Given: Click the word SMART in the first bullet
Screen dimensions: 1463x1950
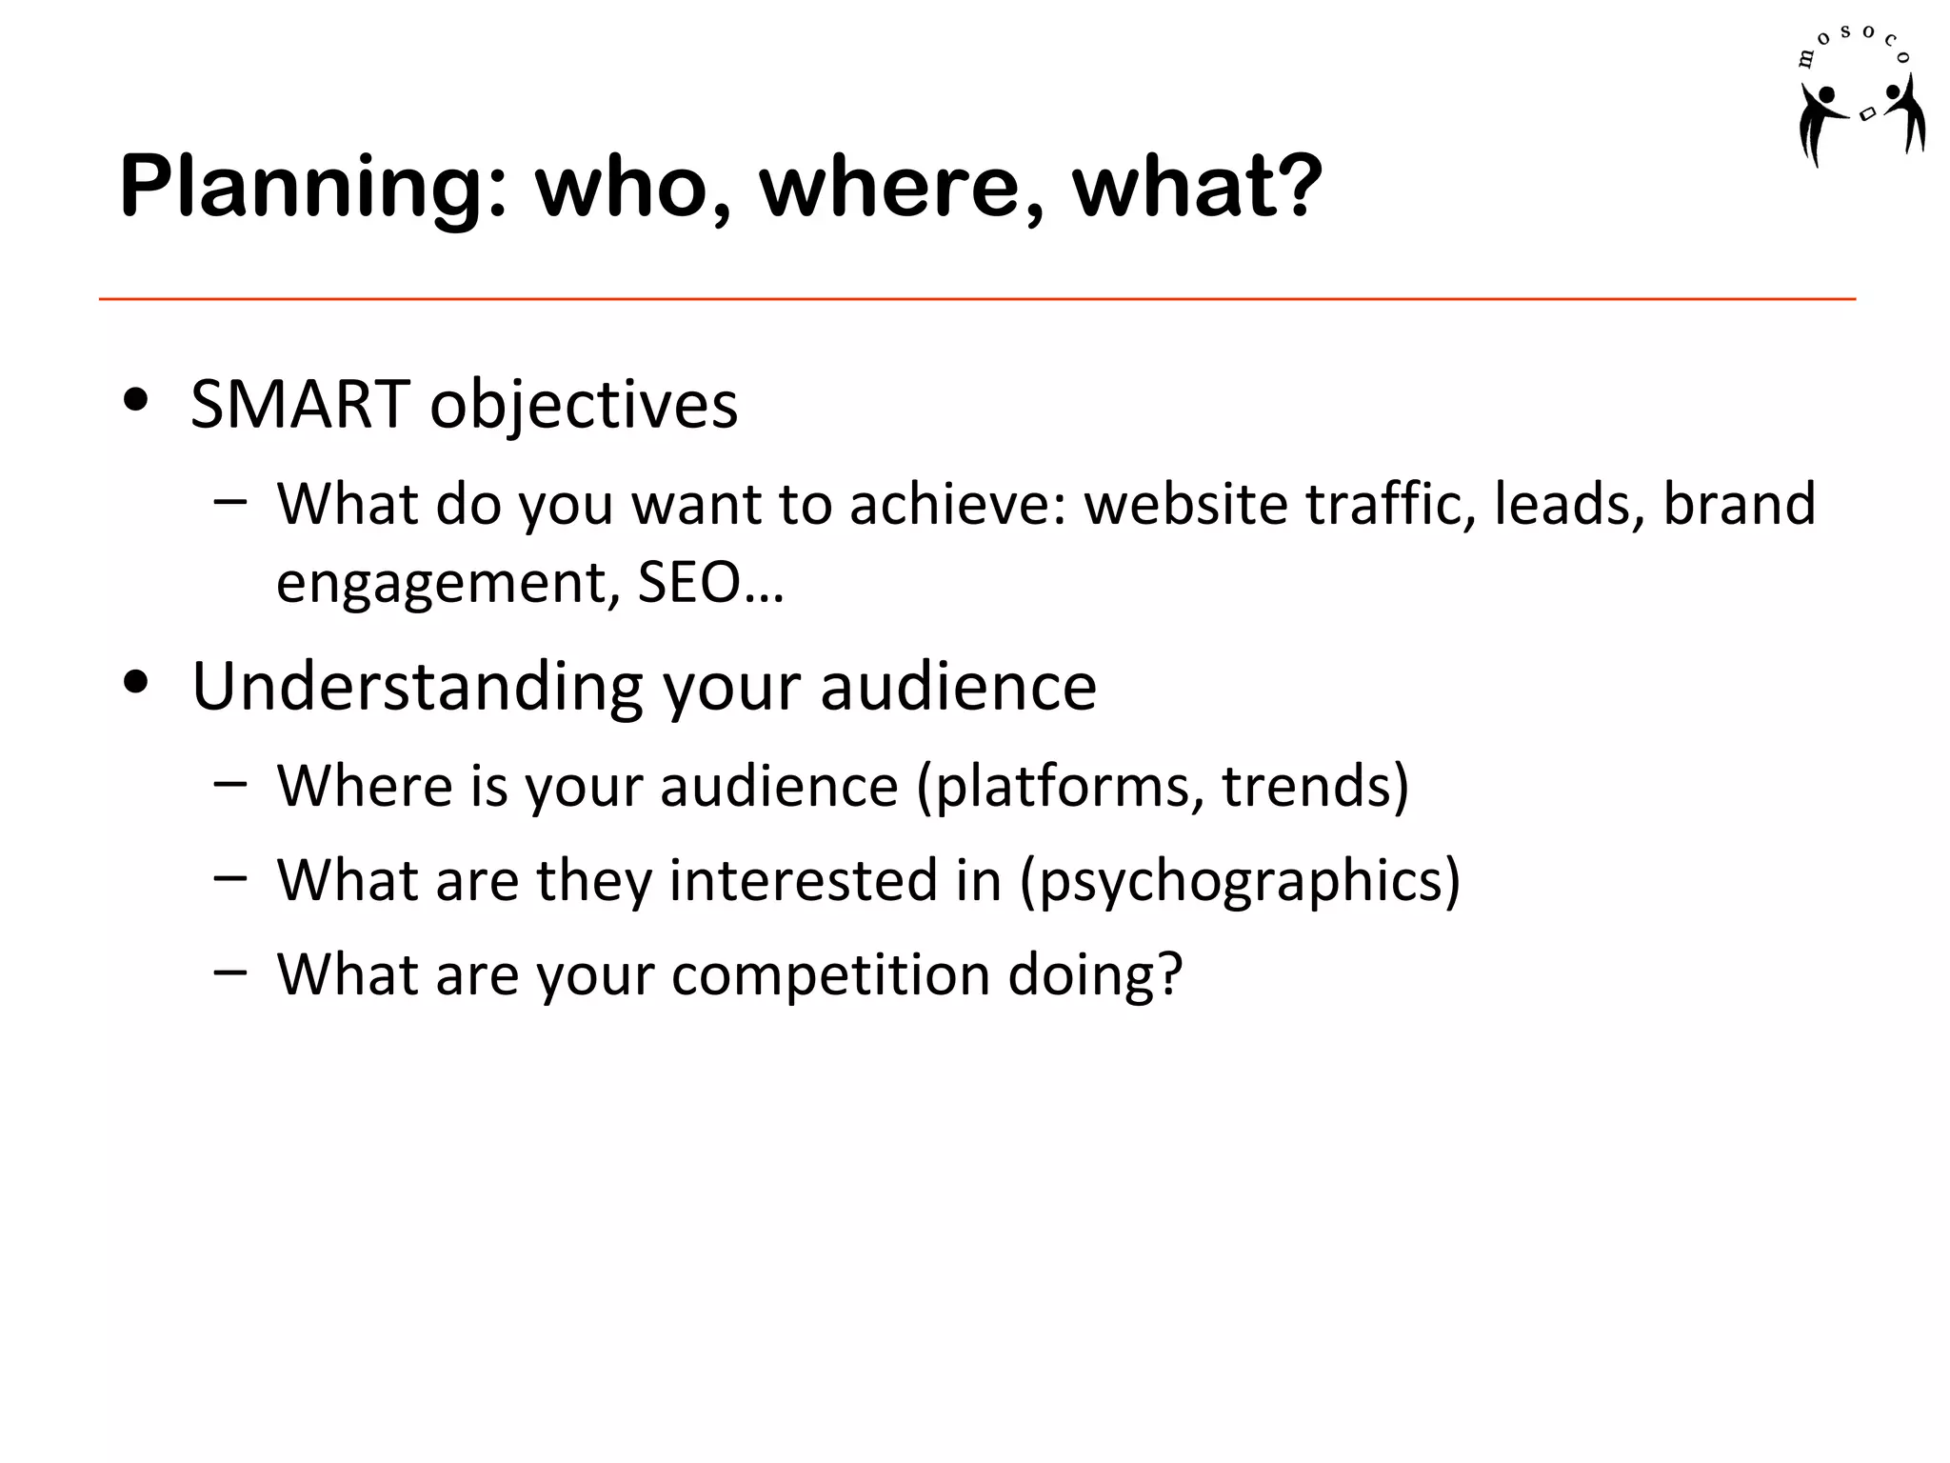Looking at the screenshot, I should [300, 405].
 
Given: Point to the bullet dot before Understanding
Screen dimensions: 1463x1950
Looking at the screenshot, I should [136, 682].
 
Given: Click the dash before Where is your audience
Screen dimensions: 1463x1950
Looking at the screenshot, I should [230, 784].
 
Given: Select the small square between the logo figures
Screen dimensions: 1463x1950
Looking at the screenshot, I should [1868, 114].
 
